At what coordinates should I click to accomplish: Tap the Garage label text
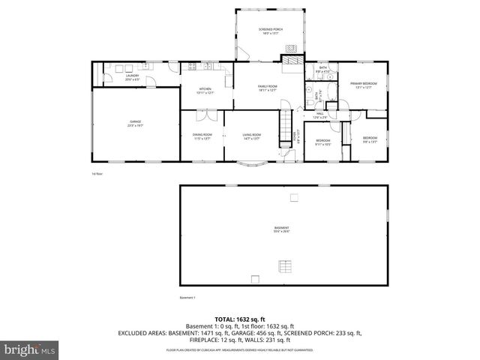tap(135, 122)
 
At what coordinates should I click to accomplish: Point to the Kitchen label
tap(205, 90)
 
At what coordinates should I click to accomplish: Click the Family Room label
tap(268, 88)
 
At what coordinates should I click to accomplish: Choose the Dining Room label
tap(202, 136)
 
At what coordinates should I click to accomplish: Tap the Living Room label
tap(251, 136)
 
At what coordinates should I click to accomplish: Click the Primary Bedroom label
tap(364, 85)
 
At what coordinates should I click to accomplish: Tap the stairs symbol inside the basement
tap(284, 266)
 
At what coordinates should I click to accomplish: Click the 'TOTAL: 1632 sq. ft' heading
tap(240, 319)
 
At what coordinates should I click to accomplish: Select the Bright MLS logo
tap(30, 349)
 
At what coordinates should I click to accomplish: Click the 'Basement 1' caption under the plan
tap(187, 298)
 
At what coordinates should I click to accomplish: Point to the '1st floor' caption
tap(97, 174)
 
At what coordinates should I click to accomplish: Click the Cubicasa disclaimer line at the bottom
tap(240, 350)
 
